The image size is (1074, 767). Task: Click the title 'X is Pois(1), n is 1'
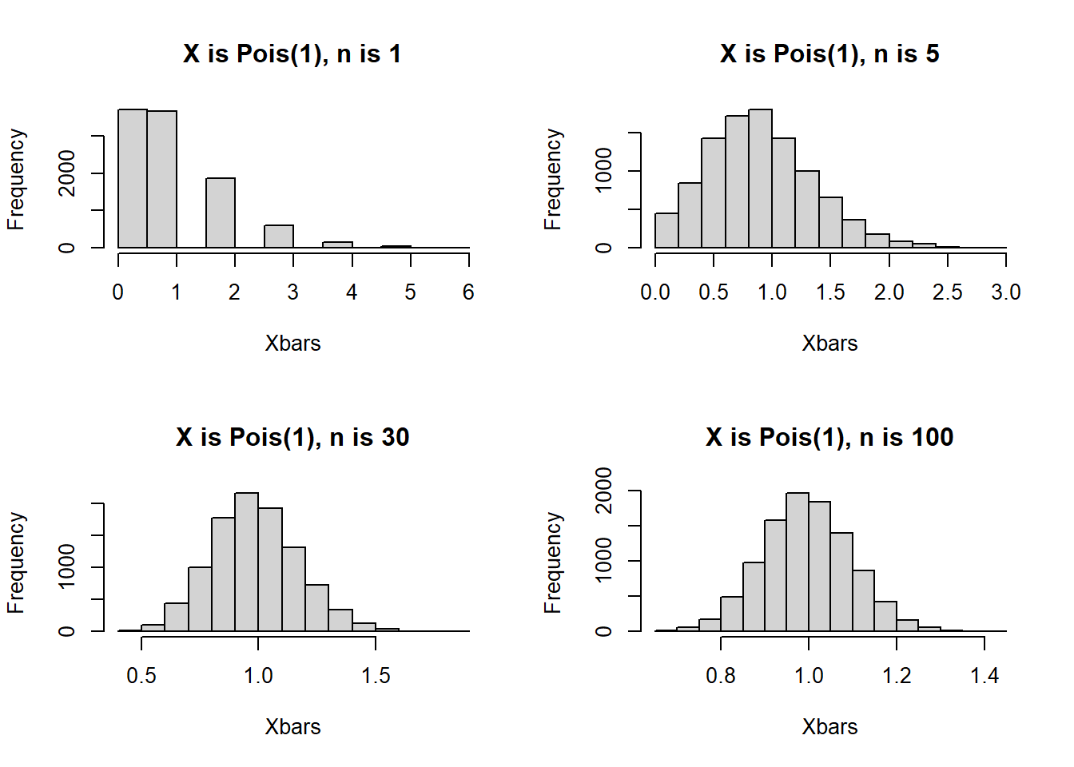292,54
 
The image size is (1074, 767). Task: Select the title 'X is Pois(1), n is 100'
829,438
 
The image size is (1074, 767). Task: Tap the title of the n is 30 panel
292,438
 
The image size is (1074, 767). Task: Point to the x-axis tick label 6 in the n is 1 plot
468,292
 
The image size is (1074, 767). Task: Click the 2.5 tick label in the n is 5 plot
947,292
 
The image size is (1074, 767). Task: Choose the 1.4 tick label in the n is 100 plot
984,676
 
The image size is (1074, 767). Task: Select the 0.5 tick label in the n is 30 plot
141,676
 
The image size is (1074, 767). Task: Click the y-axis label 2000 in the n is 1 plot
67,173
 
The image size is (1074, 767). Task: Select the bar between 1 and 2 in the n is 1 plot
221,213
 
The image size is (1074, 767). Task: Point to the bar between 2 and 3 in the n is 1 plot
279,236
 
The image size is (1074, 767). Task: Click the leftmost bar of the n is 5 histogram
666,231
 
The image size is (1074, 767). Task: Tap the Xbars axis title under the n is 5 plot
829,344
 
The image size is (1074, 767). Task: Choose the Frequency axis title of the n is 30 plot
16,562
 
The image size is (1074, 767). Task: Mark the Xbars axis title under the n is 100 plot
829,727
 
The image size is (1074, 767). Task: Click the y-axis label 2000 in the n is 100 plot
604,490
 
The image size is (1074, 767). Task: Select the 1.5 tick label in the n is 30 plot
375,676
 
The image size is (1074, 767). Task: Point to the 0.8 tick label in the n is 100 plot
721,676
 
